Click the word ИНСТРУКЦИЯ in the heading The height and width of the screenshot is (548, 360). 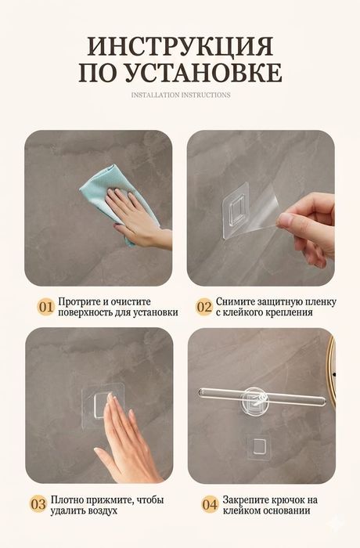pos(180,45)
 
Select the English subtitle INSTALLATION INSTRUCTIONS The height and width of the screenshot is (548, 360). pos(181,95)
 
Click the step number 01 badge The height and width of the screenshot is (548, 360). pos(46,307)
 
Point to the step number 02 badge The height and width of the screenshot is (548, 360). pos(204,307)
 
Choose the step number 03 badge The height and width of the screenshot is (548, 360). pos(38,505)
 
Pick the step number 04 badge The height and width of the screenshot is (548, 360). pos(210,505)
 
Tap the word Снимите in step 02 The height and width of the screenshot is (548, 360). pos(236,301)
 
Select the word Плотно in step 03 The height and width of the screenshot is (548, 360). pos(67,499)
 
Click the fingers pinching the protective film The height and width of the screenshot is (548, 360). pos(306,227)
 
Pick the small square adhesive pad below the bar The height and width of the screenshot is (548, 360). pos(258,447)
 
